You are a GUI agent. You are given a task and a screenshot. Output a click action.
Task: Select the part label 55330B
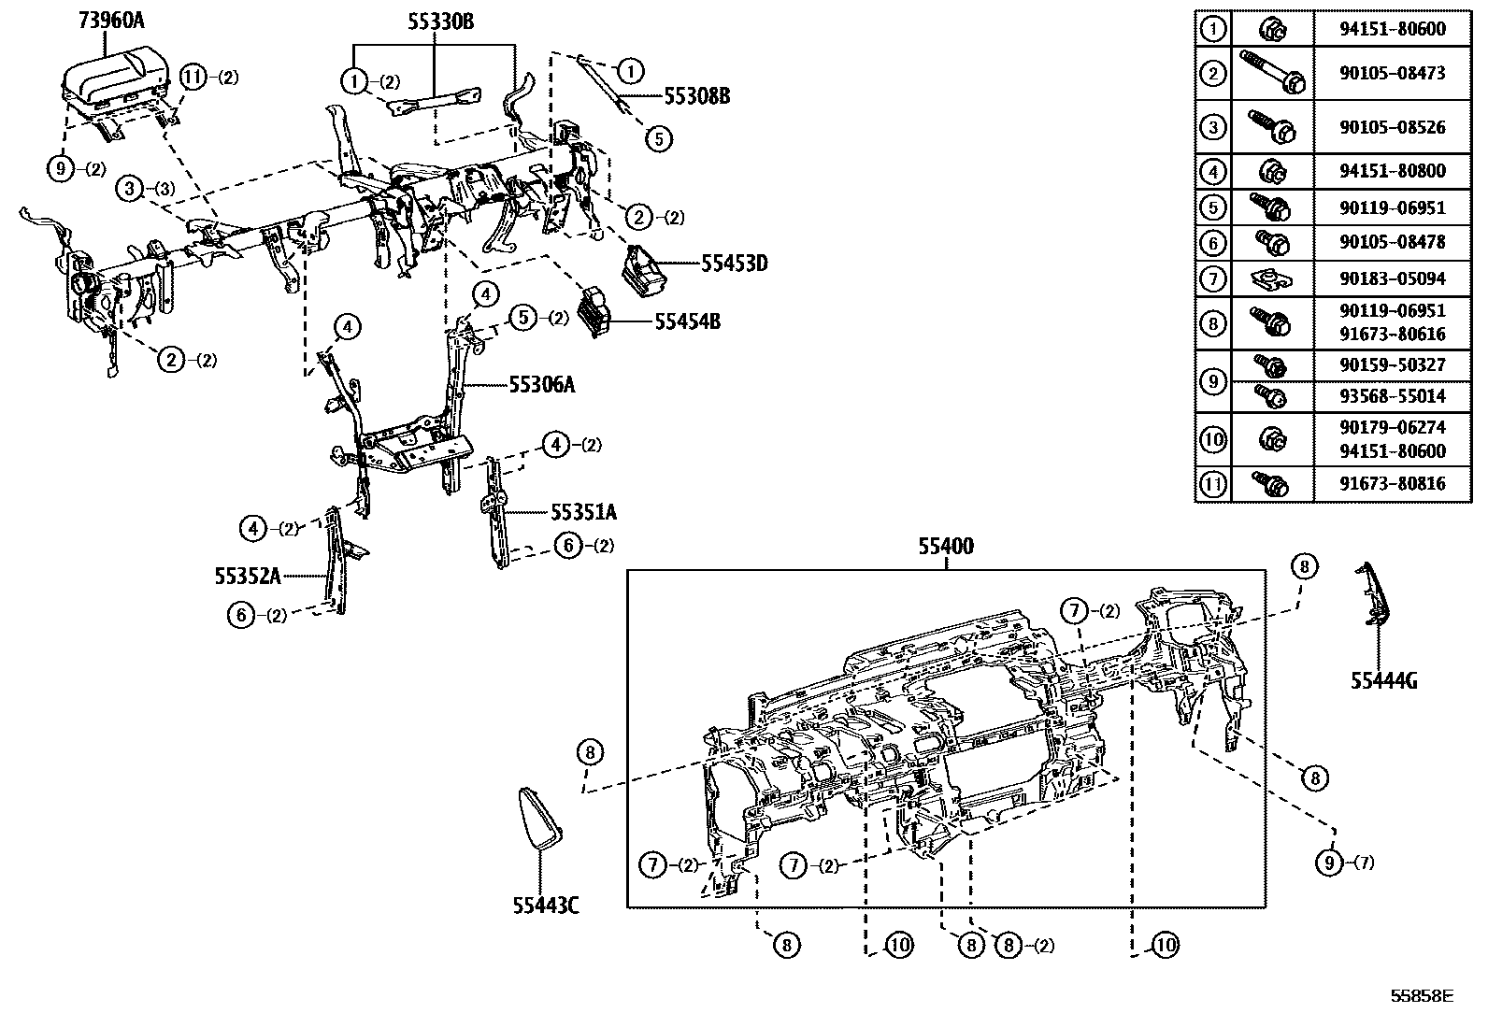coord(439,21)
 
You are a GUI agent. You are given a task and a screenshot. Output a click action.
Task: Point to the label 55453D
coord(734,264)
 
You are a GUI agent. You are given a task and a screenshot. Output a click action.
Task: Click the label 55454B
coord(687,322)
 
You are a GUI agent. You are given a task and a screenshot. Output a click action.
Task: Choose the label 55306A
coord(542,384)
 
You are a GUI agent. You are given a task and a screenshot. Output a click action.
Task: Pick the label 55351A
coord(583,512)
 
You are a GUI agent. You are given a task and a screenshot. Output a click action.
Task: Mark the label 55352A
coord(248,577)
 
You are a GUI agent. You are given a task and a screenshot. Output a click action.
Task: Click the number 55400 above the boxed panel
coord(945,547)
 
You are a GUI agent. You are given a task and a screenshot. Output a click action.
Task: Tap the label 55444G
coord(1383,681)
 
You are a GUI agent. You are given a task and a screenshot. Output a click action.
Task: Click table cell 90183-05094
coord(1392,278)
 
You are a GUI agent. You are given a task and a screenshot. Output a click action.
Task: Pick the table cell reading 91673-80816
coord(1392,484)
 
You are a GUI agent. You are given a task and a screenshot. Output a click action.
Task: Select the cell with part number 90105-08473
coord(1392,72)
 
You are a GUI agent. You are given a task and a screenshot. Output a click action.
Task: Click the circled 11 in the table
coord(1212,484)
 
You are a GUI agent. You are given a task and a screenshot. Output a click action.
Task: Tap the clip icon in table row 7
coord(1271,278)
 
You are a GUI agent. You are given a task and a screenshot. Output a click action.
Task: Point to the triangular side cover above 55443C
coord(539,818)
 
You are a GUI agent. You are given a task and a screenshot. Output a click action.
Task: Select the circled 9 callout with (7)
coord(1329,863)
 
